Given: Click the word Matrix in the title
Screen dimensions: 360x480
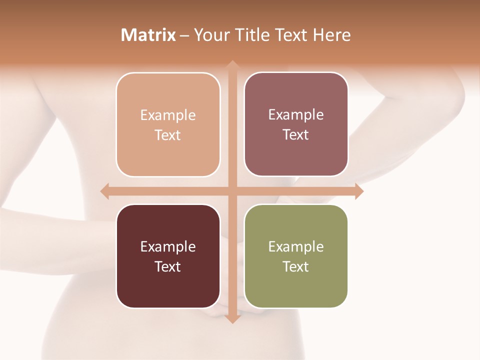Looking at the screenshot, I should coord(148,35).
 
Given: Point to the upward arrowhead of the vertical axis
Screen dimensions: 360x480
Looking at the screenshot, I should coord(232,65).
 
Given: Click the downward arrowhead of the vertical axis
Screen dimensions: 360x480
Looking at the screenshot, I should coord(232,319).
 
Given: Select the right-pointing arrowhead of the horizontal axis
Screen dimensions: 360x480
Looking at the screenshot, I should coord(359,191).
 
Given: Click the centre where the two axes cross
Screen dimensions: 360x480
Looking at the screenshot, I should coord(232,191).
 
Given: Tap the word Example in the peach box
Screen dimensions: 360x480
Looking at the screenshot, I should coord(168,115).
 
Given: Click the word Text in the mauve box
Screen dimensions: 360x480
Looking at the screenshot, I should coord(296,135).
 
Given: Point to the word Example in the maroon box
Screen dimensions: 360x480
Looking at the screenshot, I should coord(168,247).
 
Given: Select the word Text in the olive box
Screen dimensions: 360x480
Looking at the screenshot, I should coord(296,266).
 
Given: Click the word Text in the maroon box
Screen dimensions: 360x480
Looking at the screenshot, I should coord(168,266).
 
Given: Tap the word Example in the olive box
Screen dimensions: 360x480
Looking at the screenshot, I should coord(296,247).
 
